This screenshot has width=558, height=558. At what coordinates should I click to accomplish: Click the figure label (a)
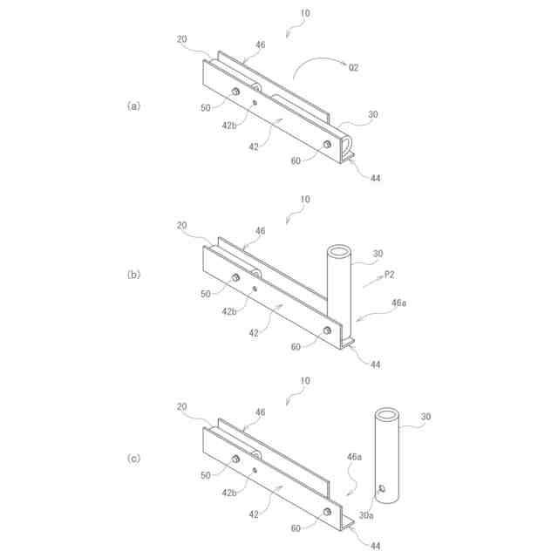[133, 105]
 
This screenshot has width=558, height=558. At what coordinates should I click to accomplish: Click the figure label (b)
[133, 274]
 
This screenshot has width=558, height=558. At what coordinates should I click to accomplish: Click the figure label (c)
[133, 458]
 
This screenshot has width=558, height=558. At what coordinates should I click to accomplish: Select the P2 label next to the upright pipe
[390, 275]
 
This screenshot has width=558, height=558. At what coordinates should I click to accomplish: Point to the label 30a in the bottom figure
[367, 515]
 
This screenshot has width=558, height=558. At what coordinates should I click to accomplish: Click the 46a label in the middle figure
[398, 302]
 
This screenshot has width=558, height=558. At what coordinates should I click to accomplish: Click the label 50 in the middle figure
[206, 294]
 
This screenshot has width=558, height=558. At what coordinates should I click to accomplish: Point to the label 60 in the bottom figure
[297, 528]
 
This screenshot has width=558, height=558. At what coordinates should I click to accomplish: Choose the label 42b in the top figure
[228, 126]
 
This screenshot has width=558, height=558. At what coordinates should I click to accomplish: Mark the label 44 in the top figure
[375, 178]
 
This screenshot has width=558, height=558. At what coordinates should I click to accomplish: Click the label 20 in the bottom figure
[183, 406]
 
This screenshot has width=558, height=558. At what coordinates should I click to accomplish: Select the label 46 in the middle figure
[260, 231]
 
